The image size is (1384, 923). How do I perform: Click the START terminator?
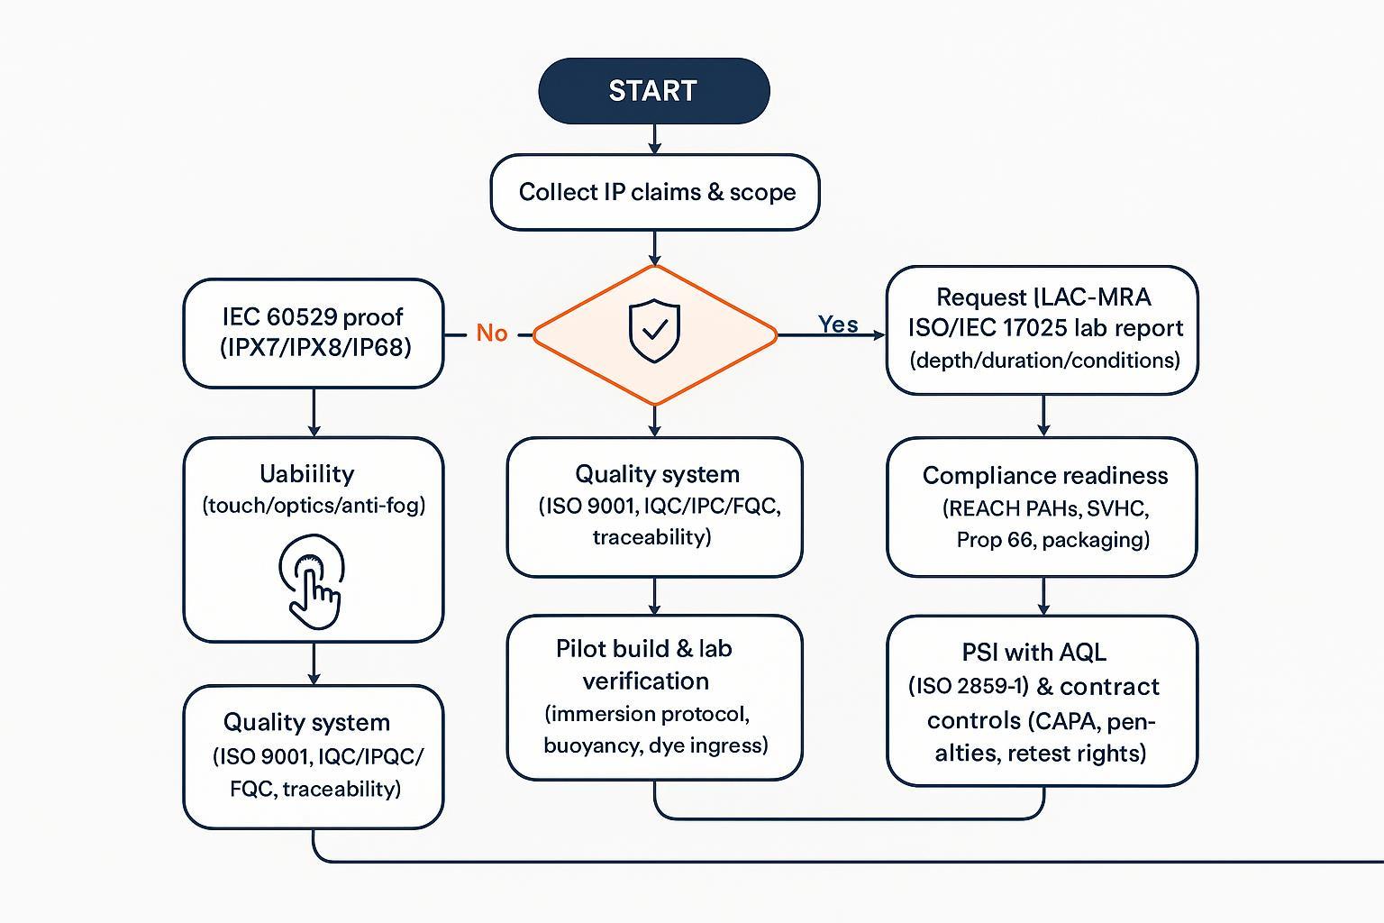pos(653,91)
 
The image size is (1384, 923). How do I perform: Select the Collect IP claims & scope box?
pos(655,192)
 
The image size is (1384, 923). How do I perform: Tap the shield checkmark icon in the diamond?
pos(654,331)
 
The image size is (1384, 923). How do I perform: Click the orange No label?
pos(492,334)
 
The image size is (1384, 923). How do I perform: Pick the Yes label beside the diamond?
pos(837,324)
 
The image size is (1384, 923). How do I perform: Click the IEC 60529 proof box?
pos(313,333)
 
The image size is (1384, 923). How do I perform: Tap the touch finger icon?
pos(312,582)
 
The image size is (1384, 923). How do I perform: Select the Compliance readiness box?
pos(1043,507)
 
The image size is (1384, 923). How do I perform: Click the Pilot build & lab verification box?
pos(654,697)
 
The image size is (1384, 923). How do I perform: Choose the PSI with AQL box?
pos(1043,700)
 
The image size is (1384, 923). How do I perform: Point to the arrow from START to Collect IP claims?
pos(654,139)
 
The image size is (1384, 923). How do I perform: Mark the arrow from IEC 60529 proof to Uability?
pos(313,413)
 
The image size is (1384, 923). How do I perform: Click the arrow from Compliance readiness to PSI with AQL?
pos(1043,596)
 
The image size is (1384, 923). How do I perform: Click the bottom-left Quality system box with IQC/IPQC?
pos(313,756)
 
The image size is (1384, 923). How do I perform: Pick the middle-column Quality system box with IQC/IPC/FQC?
pos(654,507)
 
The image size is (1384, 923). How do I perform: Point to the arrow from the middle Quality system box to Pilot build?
pos(654,596)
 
